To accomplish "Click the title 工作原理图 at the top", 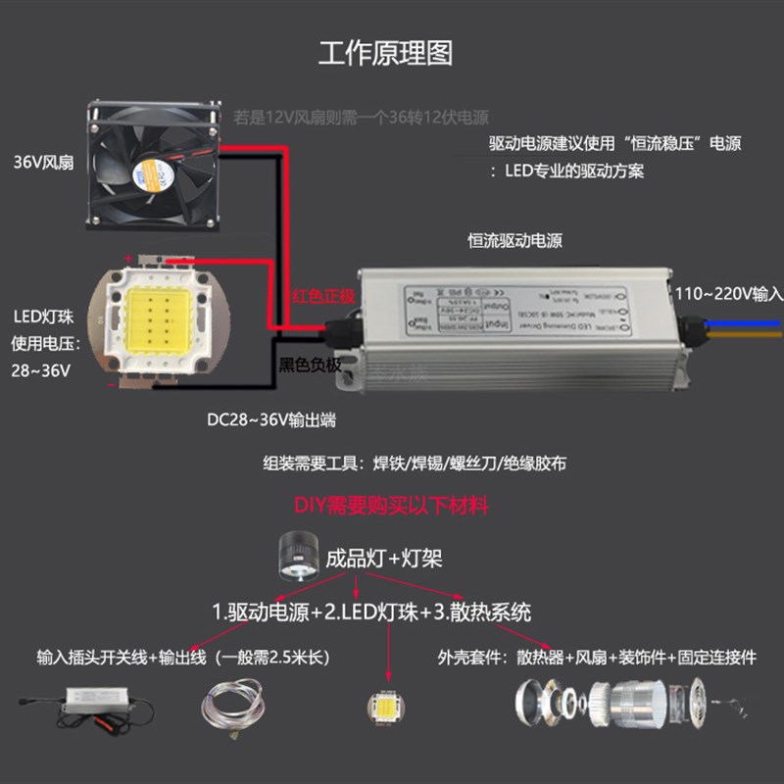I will click(386, 53).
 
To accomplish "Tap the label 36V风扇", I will click(42, 162).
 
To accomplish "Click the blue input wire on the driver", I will click(745, 322).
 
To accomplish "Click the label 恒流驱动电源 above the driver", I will click(515, 241).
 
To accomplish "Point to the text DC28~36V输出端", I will click(271, 419).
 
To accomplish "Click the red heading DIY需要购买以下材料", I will click(391, 506).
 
